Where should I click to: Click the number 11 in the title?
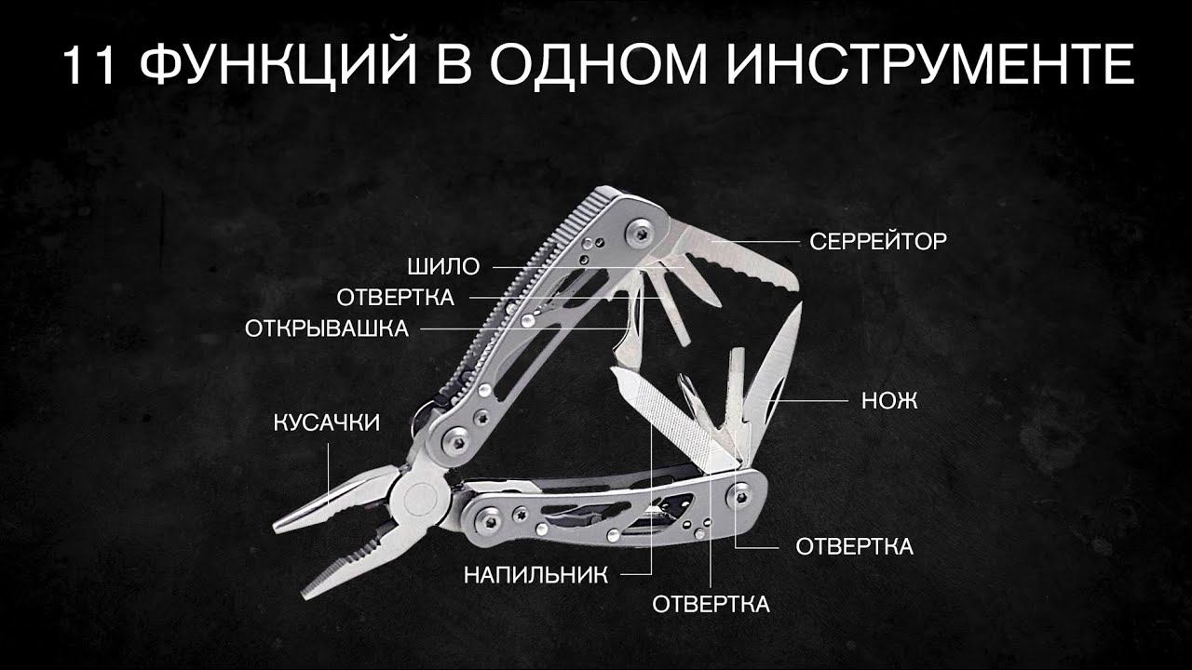[91, 66]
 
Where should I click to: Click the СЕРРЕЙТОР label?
[878, 242]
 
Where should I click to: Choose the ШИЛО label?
[443, 268]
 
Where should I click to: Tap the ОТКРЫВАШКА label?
[326, 328]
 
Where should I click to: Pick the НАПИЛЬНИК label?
[535, 574]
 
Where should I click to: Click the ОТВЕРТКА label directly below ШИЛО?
[395, 298]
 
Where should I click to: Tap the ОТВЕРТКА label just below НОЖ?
[854, 546]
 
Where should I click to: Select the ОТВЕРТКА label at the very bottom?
[711, 604]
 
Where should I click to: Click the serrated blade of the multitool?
[745, 265]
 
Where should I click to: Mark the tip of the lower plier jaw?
[307, 592]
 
